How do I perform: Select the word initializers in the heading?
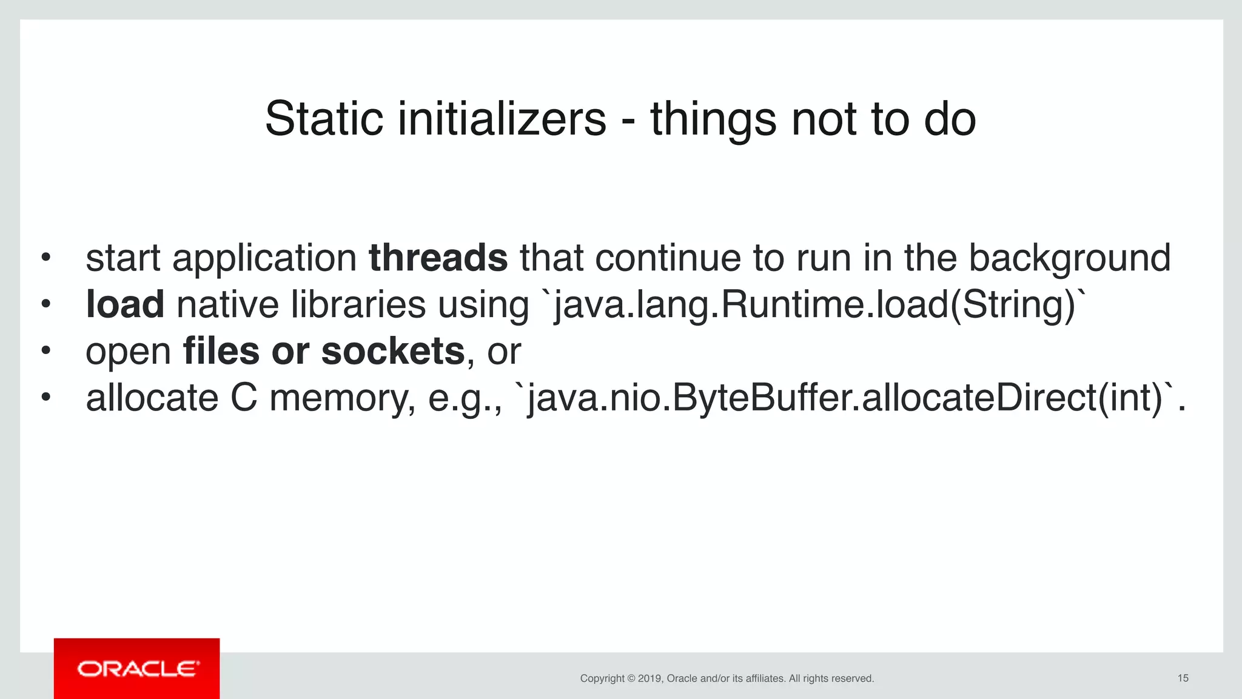502,119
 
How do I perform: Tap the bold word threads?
438,258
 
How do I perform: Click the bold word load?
125,304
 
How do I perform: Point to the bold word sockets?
393,351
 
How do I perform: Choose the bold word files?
221,351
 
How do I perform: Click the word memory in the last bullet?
343,399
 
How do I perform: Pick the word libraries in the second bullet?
358,304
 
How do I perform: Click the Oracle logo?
137,669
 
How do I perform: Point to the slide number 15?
1183,678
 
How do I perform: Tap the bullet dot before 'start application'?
45,258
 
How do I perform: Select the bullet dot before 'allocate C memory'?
45,398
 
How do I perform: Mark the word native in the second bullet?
227,304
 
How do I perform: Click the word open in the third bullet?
129,352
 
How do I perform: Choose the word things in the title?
713,119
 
